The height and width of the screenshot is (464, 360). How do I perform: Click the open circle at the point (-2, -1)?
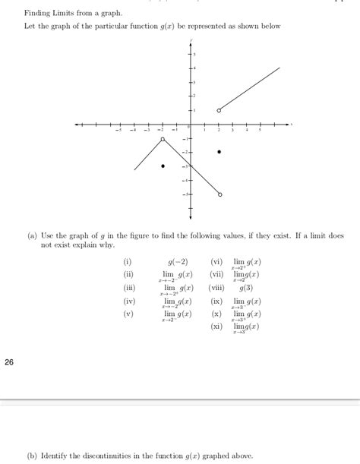coord(163,140)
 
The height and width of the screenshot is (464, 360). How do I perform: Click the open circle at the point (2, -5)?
coord(219,195)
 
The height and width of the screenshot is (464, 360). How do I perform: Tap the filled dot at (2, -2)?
coord(219,152)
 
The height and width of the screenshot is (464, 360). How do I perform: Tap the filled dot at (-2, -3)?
coord(163,166)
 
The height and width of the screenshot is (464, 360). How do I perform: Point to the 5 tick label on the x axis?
coord(261,131)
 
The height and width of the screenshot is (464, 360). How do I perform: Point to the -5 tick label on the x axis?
coord(118,131)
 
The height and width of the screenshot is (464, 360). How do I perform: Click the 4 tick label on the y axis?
coord(194,68)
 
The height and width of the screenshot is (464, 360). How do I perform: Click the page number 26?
coord(9,362)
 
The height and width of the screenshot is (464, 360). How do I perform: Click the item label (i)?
coord(127,260)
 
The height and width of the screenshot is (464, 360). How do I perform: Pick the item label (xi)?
coord(218,326)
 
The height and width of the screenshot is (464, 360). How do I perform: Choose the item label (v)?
coord(128,313)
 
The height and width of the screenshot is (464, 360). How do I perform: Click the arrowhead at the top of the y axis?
coord(191,40)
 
